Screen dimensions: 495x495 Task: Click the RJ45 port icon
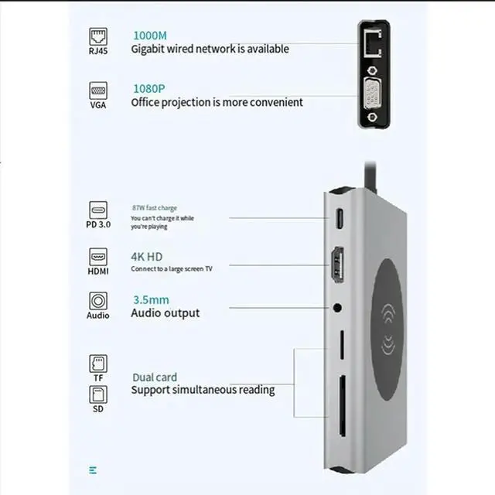coord(98,36)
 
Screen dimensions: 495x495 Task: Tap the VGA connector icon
coord(98,90)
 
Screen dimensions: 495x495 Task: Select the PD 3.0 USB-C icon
coord(98,211)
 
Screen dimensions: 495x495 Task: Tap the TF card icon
coord(98,362)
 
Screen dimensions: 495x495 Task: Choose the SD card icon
coord(98,394)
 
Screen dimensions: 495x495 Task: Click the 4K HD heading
coord(147,256)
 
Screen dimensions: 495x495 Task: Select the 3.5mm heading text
coord(149,299)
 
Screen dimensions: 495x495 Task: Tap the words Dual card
coord(155,377)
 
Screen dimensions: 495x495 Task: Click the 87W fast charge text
coord(155,208)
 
